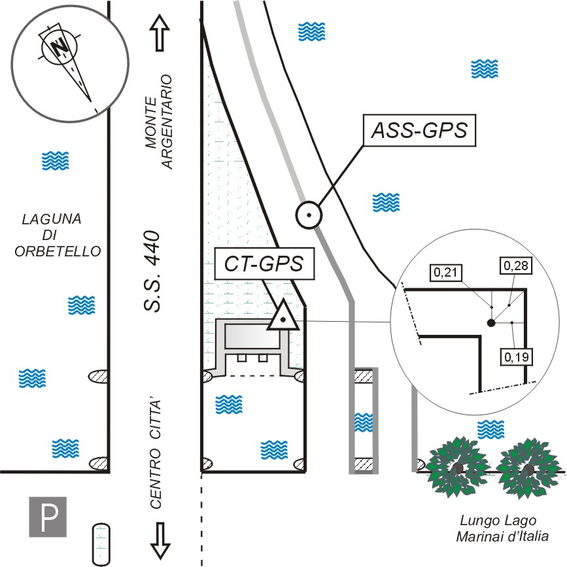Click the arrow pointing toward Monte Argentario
pos(160,33)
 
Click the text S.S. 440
pos(152,271)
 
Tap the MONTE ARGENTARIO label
pos(160,122)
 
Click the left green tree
pos(458,467)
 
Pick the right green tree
pos(528,467)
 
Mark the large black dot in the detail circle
pos(490,323)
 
